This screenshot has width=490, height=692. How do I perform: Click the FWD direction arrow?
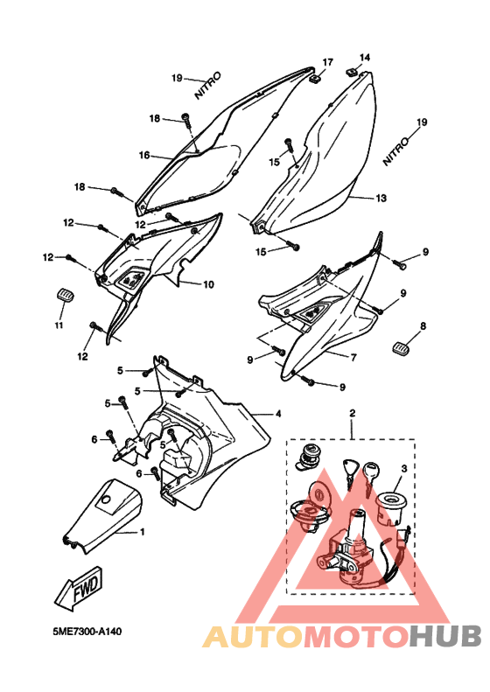pyautogui.click(x=79, y=589)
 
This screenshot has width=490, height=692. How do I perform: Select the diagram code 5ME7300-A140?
pyautogui.click(x=87, y=632)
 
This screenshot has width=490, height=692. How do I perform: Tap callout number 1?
pyautogui.click(x=142, y=532)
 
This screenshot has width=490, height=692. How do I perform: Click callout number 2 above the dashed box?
pyautogui.click(x=352, y=413)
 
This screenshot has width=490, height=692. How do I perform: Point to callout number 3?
pyautogui.click(x=404, y=468)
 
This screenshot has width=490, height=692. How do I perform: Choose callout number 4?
pyautogui.click(x=277, y=414)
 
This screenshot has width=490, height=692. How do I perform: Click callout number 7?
pyautogui.click(x=353, y=358)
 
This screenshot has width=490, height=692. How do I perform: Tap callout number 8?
pyautogui.click(x=423, y=326)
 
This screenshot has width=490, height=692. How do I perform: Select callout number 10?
pyautogui.click(x=208, y=284)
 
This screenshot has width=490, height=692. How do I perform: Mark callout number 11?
pyautogui.click(x=59, y=325)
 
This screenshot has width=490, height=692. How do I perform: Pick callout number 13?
pyautogui.click(x=381, y=199)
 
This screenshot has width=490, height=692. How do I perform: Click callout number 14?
pyautogui.click(x=365, y=58)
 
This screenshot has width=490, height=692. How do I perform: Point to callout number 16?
pyautogui.click(x=144, y=156)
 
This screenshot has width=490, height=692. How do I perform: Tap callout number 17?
pyautogui.click(x=327, y=62)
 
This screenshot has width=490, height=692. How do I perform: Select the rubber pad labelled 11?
pyautogui.click(x=65, y=294)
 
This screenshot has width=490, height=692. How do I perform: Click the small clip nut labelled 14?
pyautogui.click(x=352, y=71)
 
